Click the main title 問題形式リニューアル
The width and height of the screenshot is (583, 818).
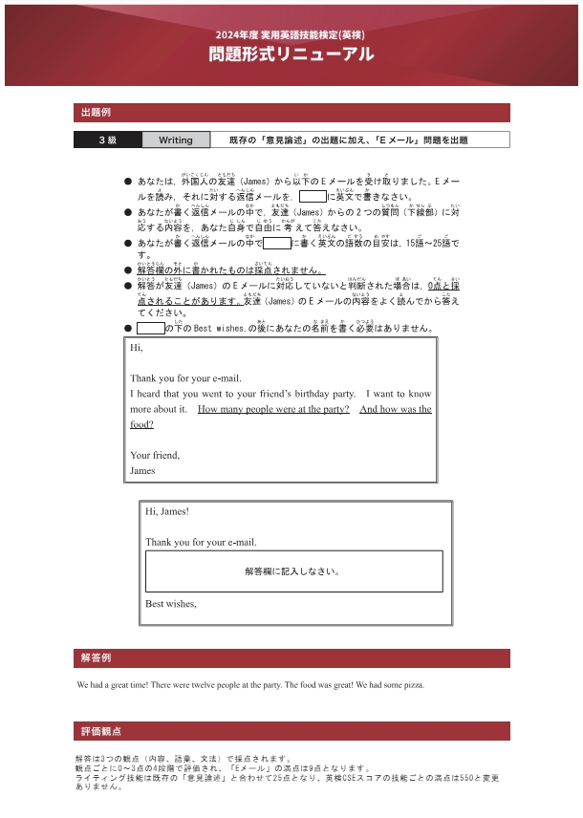291,55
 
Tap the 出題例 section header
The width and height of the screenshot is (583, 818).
97,113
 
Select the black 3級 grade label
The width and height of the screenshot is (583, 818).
108,140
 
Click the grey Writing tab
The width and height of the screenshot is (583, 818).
176,140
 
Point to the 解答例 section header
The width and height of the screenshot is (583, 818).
97,658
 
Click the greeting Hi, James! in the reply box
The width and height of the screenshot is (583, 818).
167,511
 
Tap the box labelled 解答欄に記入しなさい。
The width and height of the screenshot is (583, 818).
293,571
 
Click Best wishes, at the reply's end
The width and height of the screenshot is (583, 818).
171,604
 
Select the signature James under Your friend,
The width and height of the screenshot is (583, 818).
142,470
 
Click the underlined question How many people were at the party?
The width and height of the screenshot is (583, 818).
273,409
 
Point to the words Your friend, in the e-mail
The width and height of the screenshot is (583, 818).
155,455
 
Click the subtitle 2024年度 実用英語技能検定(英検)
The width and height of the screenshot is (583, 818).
291,34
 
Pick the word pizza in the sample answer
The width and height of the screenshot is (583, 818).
413,685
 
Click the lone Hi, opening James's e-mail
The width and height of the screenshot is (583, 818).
137,348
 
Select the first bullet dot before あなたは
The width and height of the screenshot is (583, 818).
128,181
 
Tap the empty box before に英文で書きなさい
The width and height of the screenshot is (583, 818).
313,197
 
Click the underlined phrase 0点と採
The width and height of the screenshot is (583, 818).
444,286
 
